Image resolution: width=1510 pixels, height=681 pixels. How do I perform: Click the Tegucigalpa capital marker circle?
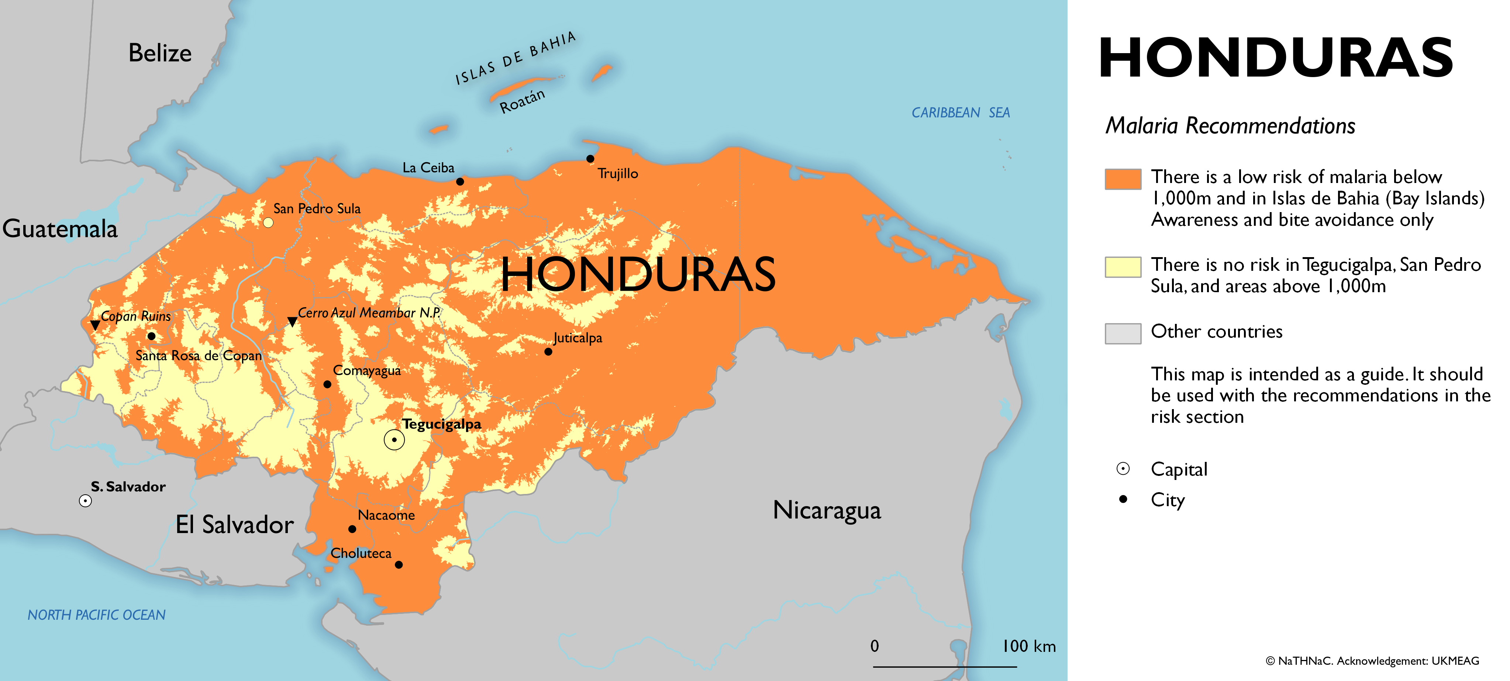(x=394, y=439)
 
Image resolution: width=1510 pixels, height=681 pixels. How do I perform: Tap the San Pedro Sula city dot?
(x=268, y=223)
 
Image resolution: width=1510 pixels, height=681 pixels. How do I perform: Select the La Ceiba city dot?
(x=460, y=182)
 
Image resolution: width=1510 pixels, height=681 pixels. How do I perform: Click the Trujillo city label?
(x=618, y=173)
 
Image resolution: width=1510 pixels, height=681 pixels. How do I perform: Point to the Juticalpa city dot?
(x=548, y=352)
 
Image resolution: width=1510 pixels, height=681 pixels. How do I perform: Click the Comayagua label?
(x=367, y=370)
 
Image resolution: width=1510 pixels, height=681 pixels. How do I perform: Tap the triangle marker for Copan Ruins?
(x=95, y=325)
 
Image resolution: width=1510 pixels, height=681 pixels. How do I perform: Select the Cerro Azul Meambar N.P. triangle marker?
(x=292, y=321)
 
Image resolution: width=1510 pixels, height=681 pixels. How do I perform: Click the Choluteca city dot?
(x=399, y=565)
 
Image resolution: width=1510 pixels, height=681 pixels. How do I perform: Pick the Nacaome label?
(x=386, y=515)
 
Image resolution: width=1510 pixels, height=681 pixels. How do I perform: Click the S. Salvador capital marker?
(x=86, y=501)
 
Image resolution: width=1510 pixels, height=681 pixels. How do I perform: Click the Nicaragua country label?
(x=827, y=510)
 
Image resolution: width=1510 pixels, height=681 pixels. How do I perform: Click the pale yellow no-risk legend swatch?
(x=1123, y=267)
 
